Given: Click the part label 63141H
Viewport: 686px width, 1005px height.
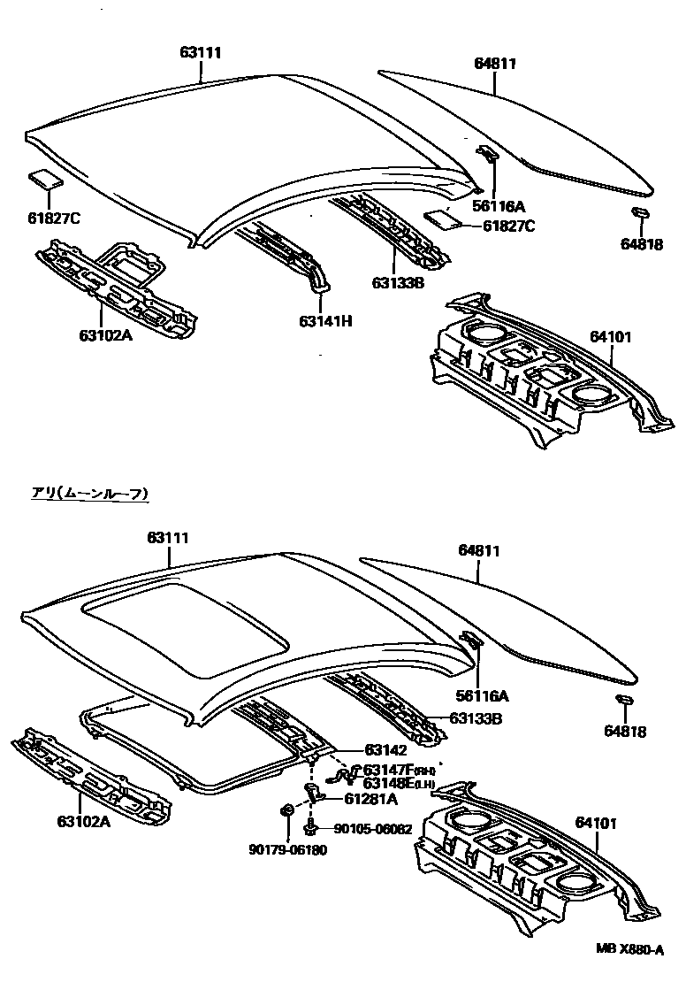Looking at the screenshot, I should click(324, 321).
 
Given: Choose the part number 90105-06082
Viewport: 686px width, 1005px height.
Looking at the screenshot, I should click(372, 829).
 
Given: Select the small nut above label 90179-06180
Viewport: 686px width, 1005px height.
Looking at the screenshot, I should click(287, 810).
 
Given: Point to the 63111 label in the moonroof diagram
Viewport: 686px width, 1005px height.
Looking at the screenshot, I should click(168, 538).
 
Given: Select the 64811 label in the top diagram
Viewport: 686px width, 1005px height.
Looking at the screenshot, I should click(494, 64).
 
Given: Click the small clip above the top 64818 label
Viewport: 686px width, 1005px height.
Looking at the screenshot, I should click(642, 212).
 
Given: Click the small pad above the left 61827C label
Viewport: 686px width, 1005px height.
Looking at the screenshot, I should click(44, 180).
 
